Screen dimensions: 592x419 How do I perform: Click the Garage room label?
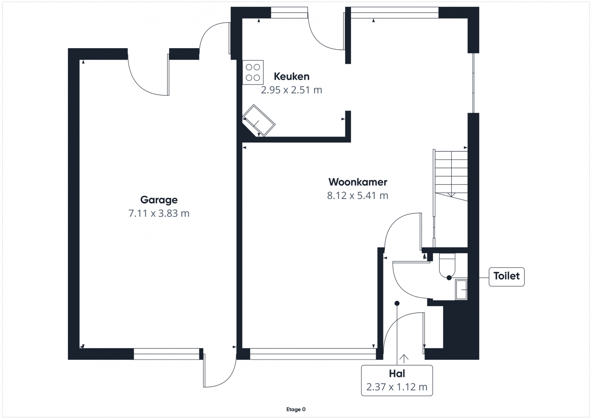(159, 200)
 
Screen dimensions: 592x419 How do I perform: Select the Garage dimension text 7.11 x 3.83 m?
(159, 213)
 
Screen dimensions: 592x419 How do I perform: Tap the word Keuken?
(292, 76)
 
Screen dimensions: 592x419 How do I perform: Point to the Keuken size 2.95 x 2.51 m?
(292, 90)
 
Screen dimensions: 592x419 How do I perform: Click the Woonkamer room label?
(357, 182)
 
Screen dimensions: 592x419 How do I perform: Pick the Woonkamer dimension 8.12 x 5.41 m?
(357, 196)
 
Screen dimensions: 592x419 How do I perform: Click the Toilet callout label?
(507, 276)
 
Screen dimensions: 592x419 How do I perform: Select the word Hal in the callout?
(397, 373)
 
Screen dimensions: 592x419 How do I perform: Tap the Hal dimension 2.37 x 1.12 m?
(397, 387)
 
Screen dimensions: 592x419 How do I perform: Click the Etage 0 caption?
(296, 409)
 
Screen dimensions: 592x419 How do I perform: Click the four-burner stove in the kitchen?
(253, 72)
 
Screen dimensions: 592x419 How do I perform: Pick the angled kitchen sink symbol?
(259, 120)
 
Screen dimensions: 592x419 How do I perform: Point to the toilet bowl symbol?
(447, 265)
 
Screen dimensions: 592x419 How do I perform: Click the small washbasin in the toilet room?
(461, 290)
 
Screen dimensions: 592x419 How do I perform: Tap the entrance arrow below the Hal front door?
(403, 359)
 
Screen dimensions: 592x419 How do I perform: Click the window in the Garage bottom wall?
(166, 354)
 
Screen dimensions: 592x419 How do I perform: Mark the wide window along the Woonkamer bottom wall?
(313, 354)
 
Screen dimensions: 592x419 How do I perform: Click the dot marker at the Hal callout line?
(397, 303)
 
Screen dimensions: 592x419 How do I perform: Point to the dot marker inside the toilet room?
(449, 278)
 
